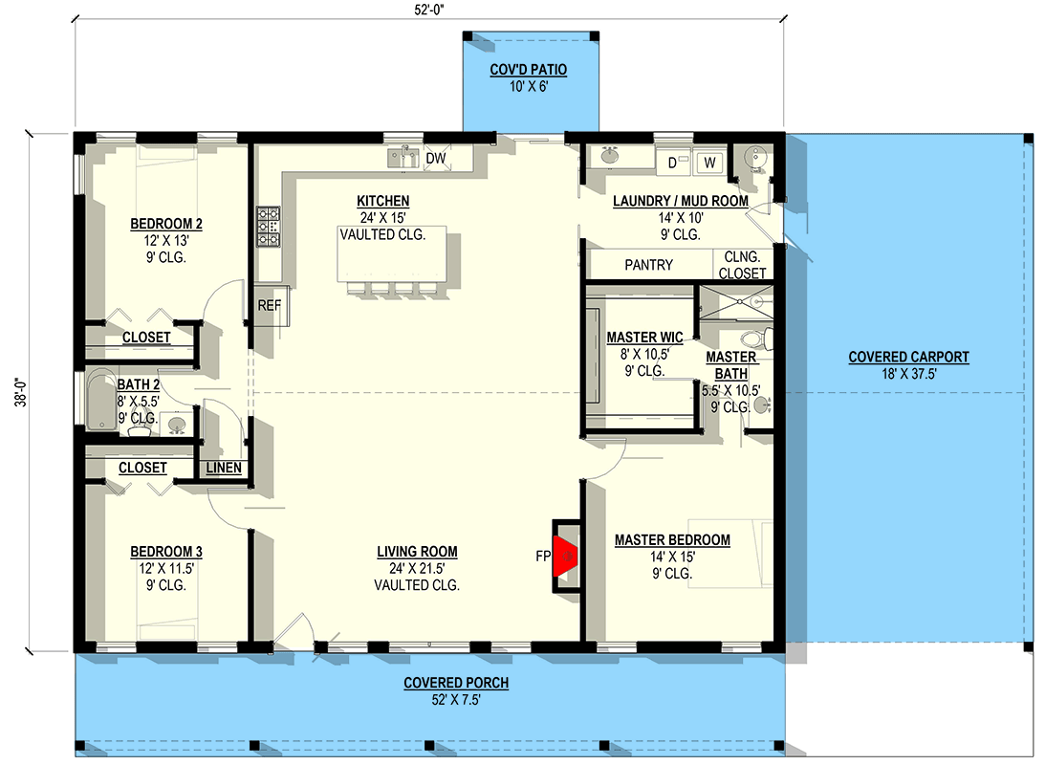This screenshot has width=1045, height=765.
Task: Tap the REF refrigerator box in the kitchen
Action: tap(267, 306)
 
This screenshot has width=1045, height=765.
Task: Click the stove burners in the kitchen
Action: tap(269, 228)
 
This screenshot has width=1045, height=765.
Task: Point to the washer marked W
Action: tap(709, 163)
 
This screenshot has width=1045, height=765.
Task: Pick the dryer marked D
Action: tap(673, 163)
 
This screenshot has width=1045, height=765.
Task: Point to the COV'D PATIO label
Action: tap(529, 70)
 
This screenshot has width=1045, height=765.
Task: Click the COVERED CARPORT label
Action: tap(908, 358)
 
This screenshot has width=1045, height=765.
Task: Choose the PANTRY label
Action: tap(648, 265)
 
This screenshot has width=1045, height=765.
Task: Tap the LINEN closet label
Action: tap(224, 468)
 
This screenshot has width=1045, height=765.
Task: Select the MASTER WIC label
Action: tap(644, 338)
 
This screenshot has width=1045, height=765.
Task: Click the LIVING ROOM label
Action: tap(417, 552)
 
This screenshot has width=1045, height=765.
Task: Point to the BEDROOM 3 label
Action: tap(165, 552)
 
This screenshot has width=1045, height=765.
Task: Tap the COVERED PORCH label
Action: tap(455, 683)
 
